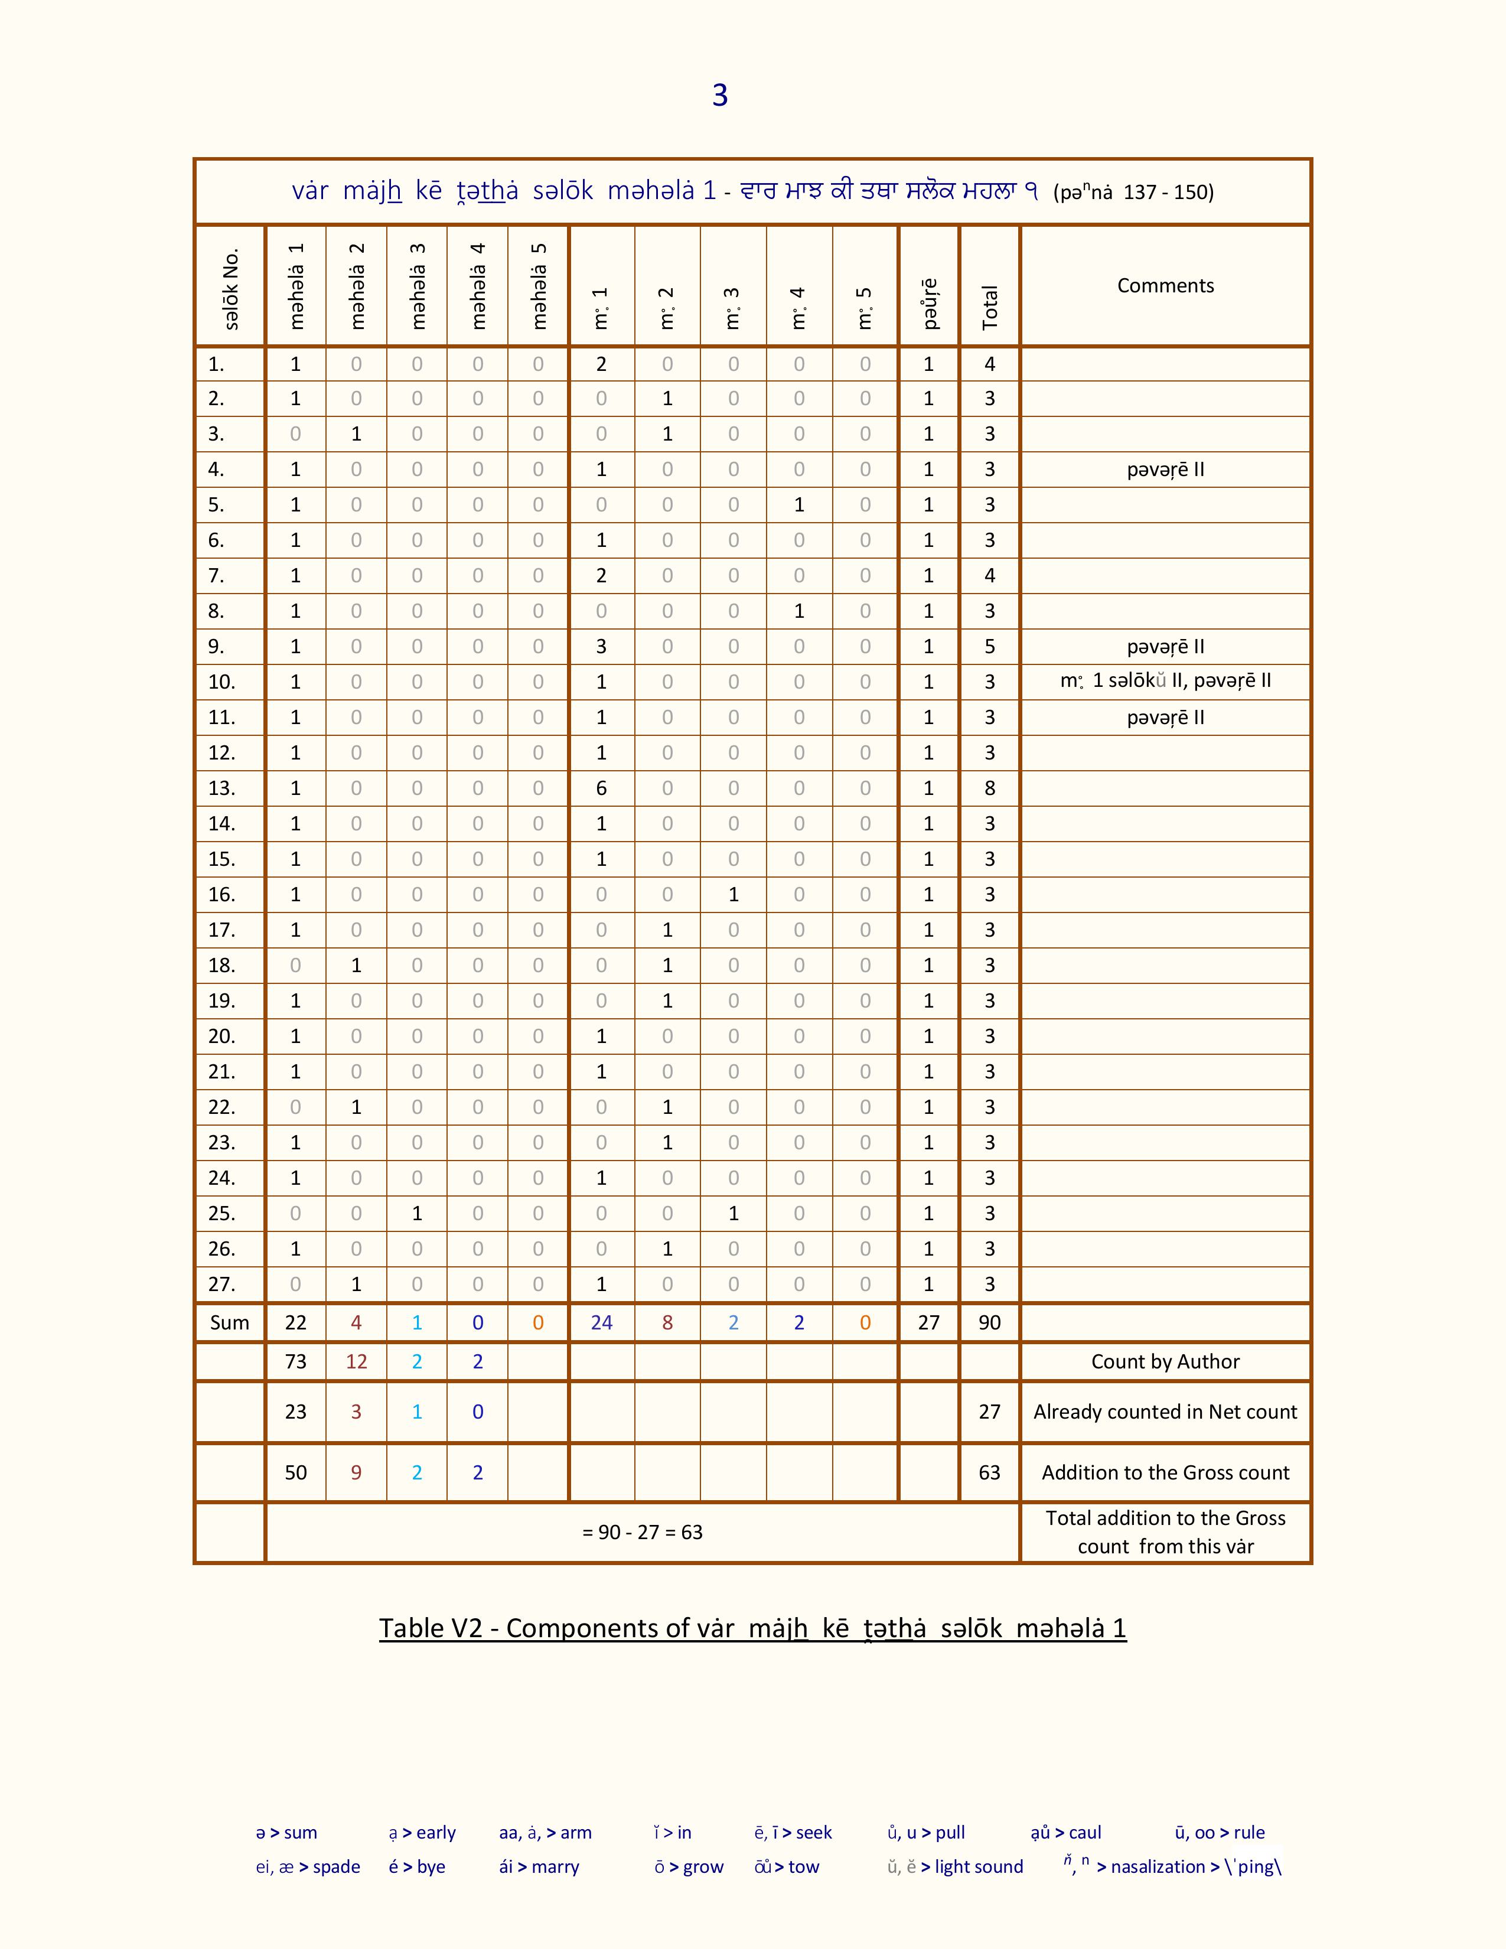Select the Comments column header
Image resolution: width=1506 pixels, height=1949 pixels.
1165,286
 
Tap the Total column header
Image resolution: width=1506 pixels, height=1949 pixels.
989,307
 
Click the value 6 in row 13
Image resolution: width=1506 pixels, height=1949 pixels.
601,788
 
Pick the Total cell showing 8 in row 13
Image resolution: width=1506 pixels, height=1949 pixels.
989,788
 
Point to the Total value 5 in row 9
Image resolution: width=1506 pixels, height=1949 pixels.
989,646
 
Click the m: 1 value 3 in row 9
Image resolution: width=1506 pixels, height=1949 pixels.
601,646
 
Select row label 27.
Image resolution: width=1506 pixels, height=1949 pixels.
221,1284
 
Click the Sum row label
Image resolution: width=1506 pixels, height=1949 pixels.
229,1322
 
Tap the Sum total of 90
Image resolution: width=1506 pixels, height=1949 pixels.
989,1322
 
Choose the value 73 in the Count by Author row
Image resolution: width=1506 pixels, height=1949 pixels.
295,1362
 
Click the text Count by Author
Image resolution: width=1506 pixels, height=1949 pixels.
1165,1362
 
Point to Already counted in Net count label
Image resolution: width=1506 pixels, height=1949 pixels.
1165,1412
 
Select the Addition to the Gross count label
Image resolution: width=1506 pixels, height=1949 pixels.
1165,1472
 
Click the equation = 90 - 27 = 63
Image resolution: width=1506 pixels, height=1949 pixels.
643,1532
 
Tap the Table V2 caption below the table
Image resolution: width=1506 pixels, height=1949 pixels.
752,1628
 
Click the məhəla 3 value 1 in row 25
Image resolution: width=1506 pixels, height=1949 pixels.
416,1214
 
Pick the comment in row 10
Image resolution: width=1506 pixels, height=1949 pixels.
1165,681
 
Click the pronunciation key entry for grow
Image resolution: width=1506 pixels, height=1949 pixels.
689,1867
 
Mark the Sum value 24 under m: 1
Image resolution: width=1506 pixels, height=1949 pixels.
601,1322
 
